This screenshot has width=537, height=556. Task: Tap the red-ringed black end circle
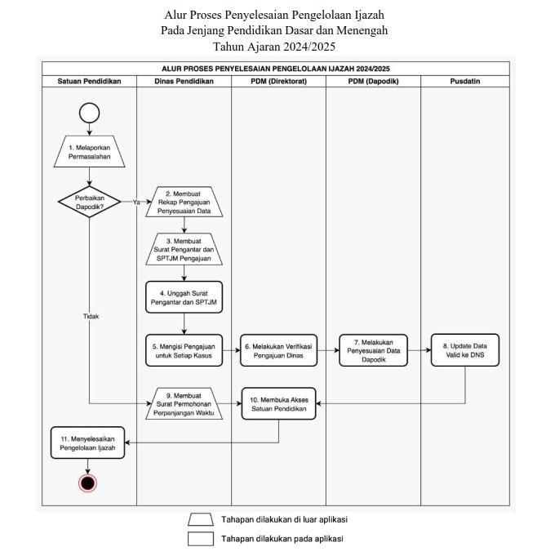click(x=87, y=483)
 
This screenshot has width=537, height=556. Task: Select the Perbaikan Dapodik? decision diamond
click(x=89, y=202)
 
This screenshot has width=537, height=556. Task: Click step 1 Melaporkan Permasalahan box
click(x=89, y=151)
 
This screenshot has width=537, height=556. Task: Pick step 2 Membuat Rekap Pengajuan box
click(x=184, y=202)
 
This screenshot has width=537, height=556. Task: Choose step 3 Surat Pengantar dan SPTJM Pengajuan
click(x=184, y=249)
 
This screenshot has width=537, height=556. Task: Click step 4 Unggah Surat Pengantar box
click(x=184, y=297)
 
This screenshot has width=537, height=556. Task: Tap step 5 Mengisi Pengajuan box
click(x=184, y=350)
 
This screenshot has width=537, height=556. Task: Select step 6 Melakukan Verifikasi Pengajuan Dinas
click(x=278, y=350)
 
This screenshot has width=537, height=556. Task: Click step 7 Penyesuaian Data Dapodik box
click(x=373, y=350)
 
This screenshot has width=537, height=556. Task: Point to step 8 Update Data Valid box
click(x=465, y=350)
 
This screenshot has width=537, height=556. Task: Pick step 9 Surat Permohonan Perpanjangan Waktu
click(x=184, y=403)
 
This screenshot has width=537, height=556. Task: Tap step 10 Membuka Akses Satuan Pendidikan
click(x=278, y=403)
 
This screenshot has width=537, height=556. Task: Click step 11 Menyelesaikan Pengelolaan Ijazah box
click(x=87, y=443)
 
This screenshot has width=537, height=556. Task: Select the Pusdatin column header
click(x=465, y=81)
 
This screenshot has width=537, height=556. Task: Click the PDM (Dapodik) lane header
click(x=373, y=81)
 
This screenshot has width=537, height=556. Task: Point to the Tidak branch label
click(x=91, y=316)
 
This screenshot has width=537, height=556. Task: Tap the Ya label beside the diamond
click(x=136, y=202)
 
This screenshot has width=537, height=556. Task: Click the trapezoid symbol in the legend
click(x=201, y=519)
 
